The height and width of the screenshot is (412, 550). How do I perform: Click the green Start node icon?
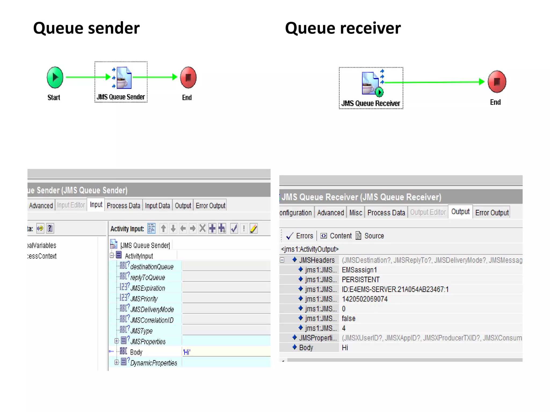tap(55, 78)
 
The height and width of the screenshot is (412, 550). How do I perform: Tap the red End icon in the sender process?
tap(188, 78)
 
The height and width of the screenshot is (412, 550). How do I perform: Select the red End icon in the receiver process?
tap(497, 82)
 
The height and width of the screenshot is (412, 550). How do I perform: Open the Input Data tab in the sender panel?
tap(157, 206)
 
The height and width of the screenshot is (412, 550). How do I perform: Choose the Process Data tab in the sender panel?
tap(123, 206)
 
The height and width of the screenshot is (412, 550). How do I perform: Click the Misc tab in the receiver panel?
tap(356, 213)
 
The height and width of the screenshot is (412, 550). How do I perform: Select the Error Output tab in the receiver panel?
tap(492, 213)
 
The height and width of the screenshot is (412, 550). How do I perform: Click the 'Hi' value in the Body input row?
tap(187, 352)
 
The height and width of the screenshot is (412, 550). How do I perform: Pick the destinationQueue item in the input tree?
tap(152, 267)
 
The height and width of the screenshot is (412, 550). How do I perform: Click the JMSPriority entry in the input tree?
tap(144, 299)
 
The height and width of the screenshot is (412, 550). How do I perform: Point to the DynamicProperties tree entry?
tap(153, 363)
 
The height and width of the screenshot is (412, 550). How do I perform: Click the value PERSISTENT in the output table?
tap(360, 280)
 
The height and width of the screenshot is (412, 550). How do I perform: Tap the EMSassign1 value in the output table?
tap(359, 270)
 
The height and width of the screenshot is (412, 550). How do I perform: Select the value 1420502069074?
tap(364, 299)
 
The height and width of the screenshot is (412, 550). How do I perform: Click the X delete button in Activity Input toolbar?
tap(202, 229)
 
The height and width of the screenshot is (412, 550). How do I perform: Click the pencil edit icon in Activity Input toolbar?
tap(254, 229)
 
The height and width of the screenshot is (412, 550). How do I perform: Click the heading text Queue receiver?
tap(343, 28)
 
